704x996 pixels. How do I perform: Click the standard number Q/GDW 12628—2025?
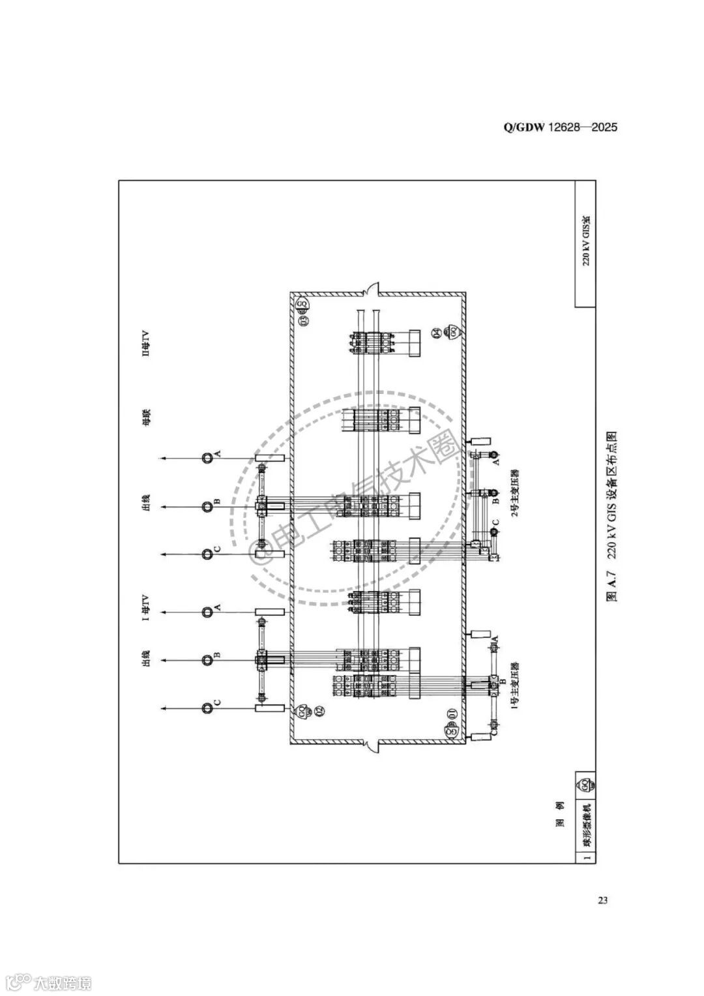coord(560,127)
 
